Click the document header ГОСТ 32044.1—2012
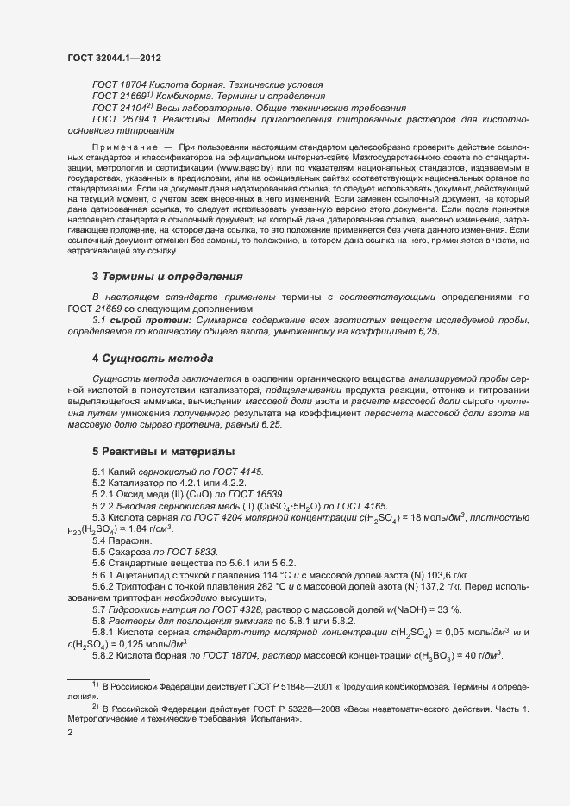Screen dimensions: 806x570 click(x=114, y=57)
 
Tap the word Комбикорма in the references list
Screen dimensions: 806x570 click(x=186, y=97)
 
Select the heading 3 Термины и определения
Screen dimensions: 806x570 click(x=166, y=277)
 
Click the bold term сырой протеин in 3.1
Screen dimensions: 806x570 click(x=155, y=320)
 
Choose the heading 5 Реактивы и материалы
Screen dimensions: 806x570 click(x=163, y=451)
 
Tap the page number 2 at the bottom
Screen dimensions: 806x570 click(x=70, y=733)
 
